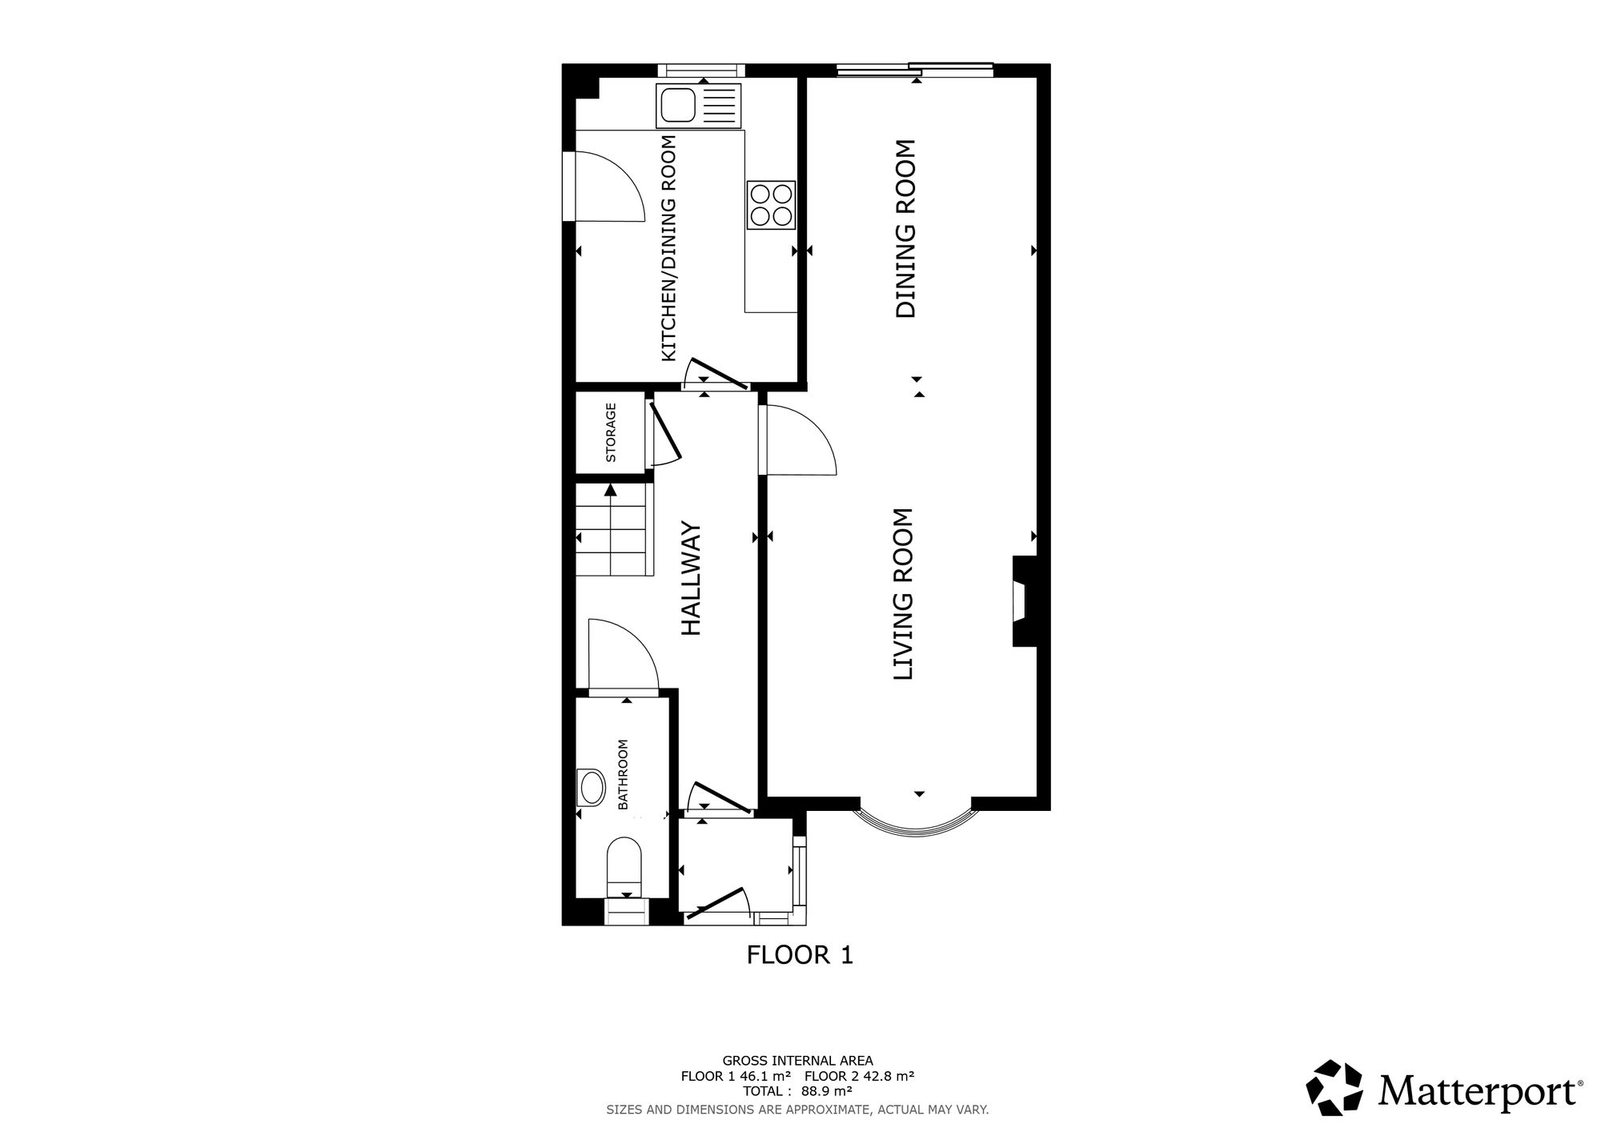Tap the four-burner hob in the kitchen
[x=771, y=205]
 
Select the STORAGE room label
[x=611, y=432]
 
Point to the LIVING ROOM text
[x=903, y=594]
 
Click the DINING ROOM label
[x=905, y=229]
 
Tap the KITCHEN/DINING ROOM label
[x=668, y=248]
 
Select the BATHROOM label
[x=623, y=774]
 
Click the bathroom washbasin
[x=592, y=788]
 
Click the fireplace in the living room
[x=1024, y=601]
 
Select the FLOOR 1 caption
[x=800, y=954]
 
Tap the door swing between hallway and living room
[x=800, y=440]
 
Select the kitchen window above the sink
[x=701, y=70]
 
